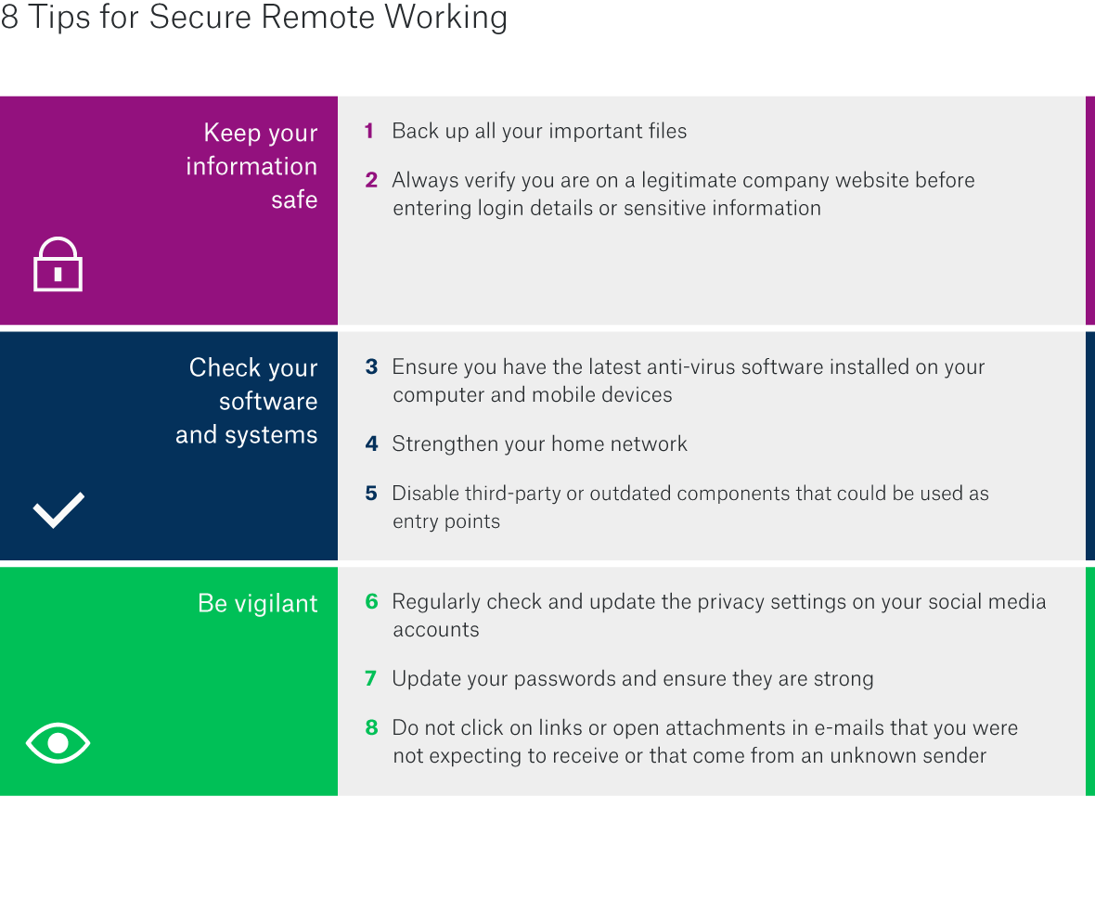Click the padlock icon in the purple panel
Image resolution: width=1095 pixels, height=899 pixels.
(x=58, y=265)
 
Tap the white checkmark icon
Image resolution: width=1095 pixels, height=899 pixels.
(x=58, y=509)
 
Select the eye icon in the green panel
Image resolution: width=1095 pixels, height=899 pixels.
(x=58, y=742)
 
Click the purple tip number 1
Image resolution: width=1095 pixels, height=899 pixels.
(x=369, y=132)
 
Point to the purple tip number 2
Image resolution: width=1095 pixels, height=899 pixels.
(x=371, y=180)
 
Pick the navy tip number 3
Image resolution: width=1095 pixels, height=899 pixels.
(x=371, y=367)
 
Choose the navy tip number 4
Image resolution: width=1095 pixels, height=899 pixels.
(x=371, y=444)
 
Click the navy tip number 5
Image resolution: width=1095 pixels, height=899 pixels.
(x=371, y=494)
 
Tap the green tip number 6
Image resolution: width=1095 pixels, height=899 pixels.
(x=371, y=602)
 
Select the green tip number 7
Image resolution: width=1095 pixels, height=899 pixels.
(x=370, y=679)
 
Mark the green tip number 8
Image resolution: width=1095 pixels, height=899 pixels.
(x=371, y=728)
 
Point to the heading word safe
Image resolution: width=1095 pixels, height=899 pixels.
(x=294, y=199)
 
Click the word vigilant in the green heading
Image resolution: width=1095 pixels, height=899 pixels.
(x=276, y=604)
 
